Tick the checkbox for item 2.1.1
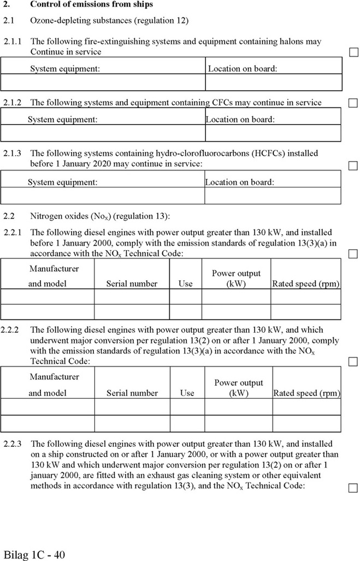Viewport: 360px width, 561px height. tap(353, 52)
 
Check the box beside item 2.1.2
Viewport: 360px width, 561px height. tap(353, 103)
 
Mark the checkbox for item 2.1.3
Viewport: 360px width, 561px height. tap(353, 165)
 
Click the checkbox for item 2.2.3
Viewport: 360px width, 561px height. tap(353, 487)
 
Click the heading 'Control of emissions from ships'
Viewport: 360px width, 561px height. tap(91, 4)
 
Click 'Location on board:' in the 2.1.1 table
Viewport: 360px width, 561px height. tap(243, 69)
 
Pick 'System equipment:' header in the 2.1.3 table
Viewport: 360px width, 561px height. tap(63, 182)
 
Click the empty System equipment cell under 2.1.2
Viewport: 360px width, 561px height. tap(103, 133)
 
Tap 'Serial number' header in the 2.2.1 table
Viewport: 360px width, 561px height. tap(132, 284)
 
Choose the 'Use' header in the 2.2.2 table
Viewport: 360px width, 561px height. tap(187, 393)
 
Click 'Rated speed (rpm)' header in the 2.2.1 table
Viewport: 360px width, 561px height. tap(306, 284)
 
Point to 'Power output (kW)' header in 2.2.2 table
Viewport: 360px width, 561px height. tap(238, 388)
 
